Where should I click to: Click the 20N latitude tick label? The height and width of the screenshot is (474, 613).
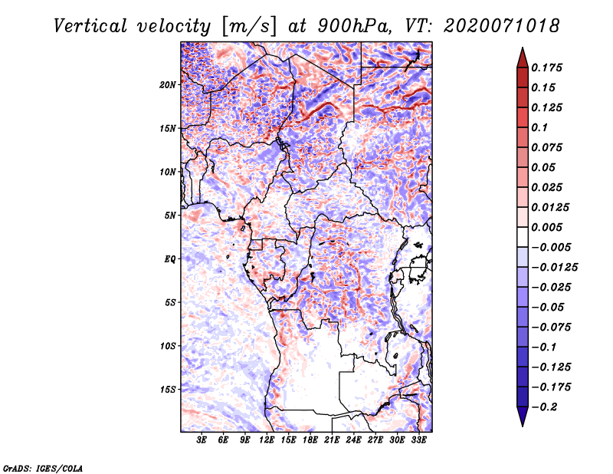pos(168,84)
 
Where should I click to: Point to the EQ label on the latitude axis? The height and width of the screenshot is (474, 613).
pos(169,258)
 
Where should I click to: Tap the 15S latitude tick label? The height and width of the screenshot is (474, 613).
pos(168,389)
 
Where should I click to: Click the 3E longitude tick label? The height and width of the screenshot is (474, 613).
pos(202,441)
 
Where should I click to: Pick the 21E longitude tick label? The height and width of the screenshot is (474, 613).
pos(332,441)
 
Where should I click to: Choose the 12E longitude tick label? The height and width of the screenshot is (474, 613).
pos(267,441)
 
